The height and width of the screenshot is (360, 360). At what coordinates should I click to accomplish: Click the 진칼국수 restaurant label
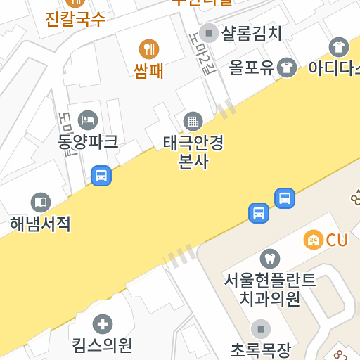pos(75,19)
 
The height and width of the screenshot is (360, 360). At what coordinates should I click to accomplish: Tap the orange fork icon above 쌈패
pos(149,49)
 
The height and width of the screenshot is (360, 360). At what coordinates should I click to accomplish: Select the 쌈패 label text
pos(149,70)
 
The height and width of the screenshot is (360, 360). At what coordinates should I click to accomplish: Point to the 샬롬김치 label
pos(251,33)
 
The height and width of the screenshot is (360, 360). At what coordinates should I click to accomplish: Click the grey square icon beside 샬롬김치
pos(208,32)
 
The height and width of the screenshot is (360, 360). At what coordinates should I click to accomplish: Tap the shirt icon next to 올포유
pos(286,67)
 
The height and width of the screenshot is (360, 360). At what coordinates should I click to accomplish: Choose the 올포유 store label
pos(251,67)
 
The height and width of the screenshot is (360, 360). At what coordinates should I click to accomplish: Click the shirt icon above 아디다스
pos(338,47)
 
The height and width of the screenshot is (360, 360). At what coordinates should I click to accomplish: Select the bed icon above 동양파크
pos(88,120)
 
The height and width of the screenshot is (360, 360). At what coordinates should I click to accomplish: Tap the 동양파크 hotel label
pos(88,141)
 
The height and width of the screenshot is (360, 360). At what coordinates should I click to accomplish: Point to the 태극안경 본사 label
pos(193,152)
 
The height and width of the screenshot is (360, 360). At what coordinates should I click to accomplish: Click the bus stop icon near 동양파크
pos(101,175)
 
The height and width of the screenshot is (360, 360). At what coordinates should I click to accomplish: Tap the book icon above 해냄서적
pos(41,202)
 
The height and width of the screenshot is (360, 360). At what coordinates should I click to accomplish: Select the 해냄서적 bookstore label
pos(41,224)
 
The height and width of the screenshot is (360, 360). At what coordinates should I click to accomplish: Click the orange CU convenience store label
pos(336,240)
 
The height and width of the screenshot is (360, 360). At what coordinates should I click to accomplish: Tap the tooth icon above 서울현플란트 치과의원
pos(269,259)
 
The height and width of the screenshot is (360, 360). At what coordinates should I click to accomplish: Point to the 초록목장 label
pos(261,349)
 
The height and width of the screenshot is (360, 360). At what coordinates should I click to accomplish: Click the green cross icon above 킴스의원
pos(103,324)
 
